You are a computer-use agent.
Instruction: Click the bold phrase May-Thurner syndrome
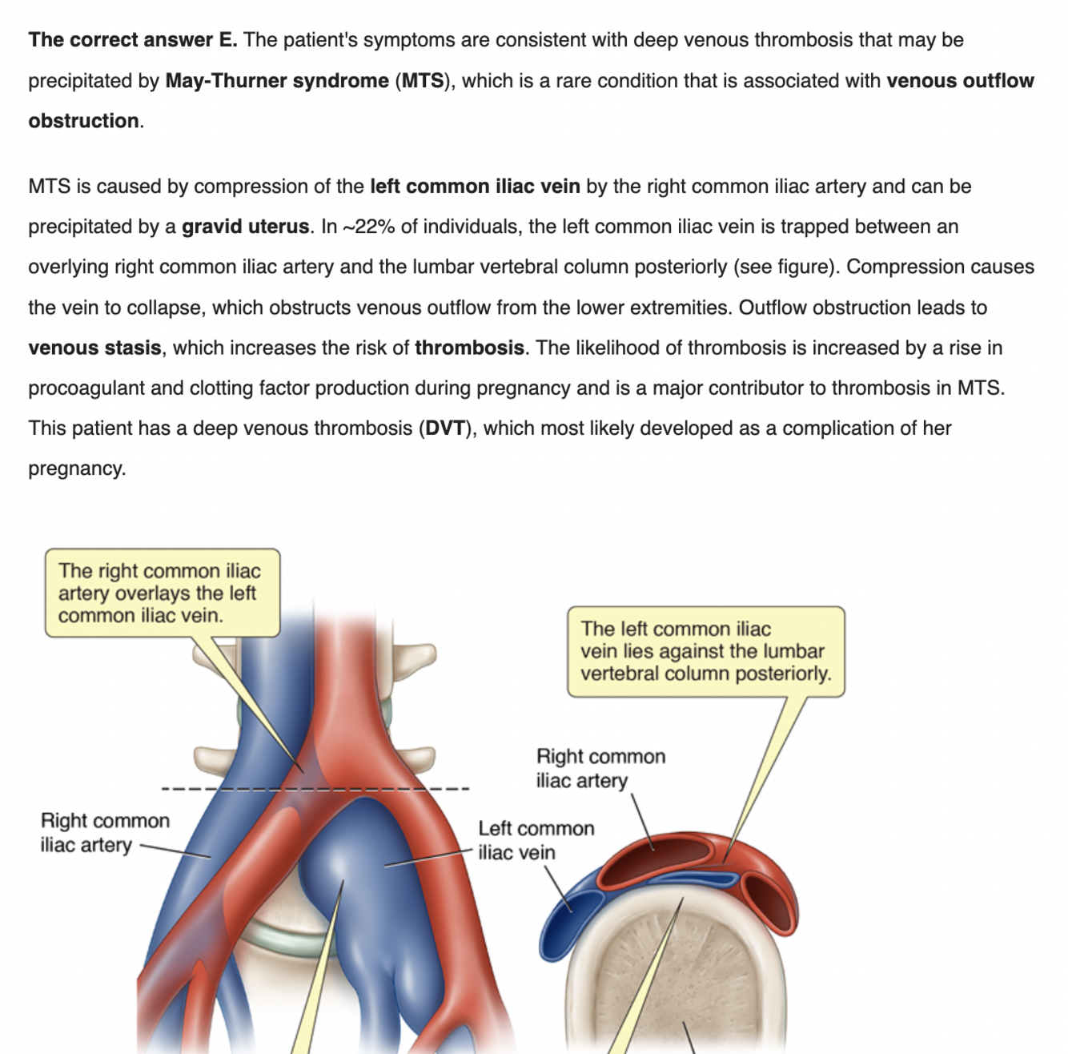[277, 81]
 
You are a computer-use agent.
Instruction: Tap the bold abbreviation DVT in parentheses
[444, 428]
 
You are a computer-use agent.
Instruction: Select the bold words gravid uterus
[245, 227]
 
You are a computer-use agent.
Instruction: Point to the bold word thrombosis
[469, 348]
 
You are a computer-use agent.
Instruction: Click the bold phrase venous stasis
[94, 348]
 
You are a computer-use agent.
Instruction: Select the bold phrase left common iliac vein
[475, 187]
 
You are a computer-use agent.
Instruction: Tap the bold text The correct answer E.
[133, 40]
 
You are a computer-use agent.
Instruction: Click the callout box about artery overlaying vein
[162, 593]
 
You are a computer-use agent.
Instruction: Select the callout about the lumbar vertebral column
[705, 651]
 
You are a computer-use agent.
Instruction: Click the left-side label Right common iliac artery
[104, 833]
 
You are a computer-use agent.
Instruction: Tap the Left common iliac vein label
[536, 840]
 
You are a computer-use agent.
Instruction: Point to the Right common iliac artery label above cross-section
[600, 768]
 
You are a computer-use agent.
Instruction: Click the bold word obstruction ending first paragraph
[84, 121]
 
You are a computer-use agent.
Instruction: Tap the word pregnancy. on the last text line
[77, 469]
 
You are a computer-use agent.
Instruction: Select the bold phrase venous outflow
[960, 81]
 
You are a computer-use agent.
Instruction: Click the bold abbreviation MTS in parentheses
[422, 81]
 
